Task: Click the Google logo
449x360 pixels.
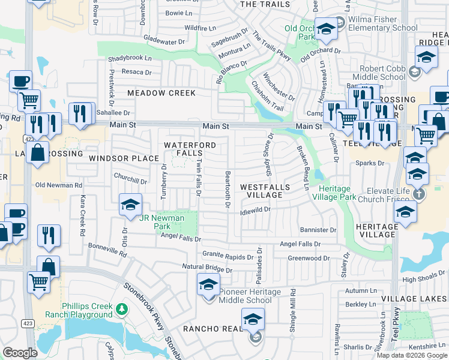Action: point(20,353)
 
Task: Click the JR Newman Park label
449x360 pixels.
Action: point(162,222)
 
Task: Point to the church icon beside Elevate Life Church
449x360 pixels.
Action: point(420,194)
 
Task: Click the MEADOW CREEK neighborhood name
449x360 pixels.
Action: point(161,93)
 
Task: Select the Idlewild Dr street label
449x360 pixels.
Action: point(255,211)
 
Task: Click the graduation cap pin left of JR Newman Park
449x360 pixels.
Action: point(130,205)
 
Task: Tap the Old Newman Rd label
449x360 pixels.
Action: point(58,185)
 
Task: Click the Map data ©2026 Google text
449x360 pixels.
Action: point(412,355)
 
